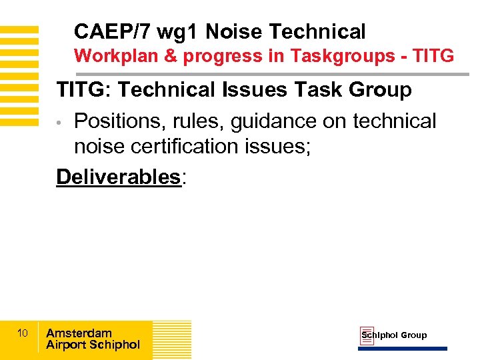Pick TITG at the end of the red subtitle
(x=433, y=56)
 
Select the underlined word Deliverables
(x=118, y=177)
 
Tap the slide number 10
(x=22, y=333)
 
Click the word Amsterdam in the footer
(x=79, y=333)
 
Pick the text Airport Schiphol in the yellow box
(x=93, y=345)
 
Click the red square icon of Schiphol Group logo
(x=367, y=336)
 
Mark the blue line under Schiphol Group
(x=403, y=349)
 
